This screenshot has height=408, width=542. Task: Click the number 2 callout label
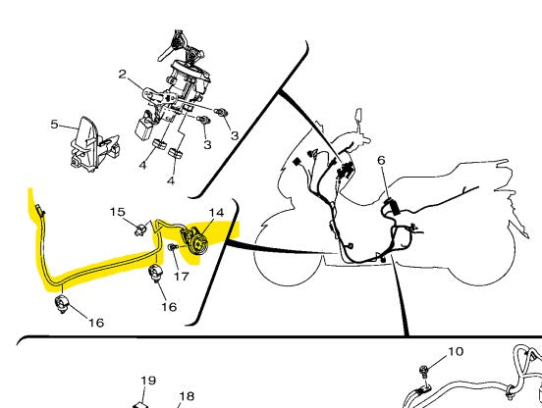click(123, 74)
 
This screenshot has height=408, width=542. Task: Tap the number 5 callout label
click(54, 124)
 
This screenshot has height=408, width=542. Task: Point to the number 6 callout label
click(381, 160)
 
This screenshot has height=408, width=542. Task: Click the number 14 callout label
click(216, 213)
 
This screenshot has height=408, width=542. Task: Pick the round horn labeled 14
click(193, 240)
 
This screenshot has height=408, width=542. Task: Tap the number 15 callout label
click(118, 212)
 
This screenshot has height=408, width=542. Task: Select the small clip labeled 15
click(140, 229)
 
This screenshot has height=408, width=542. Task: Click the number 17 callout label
click(182, 277)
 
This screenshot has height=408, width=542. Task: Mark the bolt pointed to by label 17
click(172, 247)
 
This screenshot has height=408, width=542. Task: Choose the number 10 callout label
click(456, 351)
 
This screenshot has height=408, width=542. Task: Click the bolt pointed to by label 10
click(423, 372)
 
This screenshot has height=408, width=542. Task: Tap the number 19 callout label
click(148, 381)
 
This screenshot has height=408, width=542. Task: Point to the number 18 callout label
click(187, 396)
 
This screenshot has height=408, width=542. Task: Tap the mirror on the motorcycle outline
click(358, 117)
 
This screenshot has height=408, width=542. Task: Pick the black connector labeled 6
click(392, 206)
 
